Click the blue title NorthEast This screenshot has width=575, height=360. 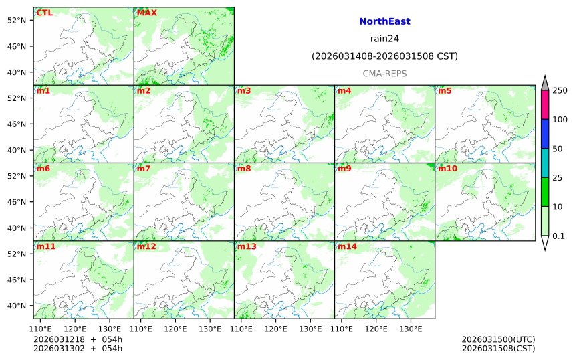[384, 21]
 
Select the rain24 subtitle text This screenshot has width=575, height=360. [384, 39]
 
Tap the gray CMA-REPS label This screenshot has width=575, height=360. [384, 74]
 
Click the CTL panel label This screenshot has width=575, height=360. [44, 13]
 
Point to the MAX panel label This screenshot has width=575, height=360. [146, 13]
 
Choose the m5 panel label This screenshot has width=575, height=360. [445, 90]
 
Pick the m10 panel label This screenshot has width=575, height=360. [447, 169]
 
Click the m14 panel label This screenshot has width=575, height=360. [347, 247]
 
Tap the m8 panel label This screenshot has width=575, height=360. [244, 169]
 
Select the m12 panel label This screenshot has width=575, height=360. [146, 247]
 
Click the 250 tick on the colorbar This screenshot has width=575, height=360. [559, 90]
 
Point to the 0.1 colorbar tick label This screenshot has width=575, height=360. [558, 236]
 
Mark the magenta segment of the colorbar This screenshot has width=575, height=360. [545, 105]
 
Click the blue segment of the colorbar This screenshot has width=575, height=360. [545, 134]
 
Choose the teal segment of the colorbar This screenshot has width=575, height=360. [545, 163]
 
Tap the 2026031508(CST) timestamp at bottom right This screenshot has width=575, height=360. [498, 348]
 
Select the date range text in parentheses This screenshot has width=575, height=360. [384, 56]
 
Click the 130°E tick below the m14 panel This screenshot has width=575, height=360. [411, 329]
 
